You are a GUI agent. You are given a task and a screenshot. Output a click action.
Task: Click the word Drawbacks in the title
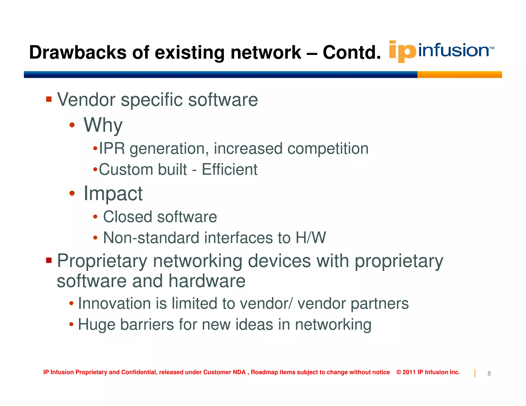(x=78, y=52)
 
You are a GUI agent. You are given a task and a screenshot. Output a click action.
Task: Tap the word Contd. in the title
(x=352, y=52)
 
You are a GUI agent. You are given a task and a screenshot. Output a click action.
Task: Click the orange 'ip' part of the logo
(x=402, y=51)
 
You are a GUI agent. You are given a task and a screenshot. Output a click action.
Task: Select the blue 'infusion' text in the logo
(x=453, y=50)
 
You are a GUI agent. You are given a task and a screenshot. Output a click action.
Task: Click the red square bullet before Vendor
(x=49, y=99)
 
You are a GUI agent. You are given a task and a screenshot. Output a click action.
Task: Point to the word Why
(x=103, y=125)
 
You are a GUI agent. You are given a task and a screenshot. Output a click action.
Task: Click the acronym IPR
(x=112, y=149)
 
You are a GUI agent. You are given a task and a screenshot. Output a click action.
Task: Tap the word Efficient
(x=229, y=170)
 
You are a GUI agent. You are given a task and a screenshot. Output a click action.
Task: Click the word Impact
(x=113, y=194)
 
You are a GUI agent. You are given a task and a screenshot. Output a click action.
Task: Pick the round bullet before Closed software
(x=95, y=217)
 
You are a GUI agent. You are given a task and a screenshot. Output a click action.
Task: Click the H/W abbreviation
(x=311, y=238)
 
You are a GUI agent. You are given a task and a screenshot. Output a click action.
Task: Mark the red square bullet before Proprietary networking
(x=49, y=261)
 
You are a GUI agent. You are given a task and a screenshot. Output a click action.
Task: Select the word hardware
(x=207, y=281)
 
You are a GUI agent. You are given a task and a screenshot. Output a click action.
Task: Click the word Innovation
(x=114, y=304)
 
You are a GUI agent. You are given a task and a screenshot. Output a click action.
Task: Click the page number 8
(x=489, y=374)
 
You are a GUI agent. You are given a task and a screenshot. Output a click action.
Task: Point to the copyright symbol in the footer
(x=399, y=372)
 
